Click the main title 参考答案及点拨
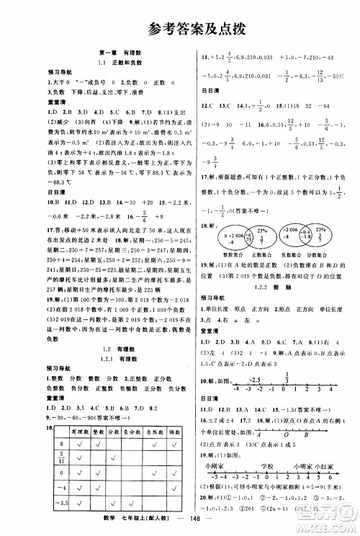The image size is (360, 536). (179, 30)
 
